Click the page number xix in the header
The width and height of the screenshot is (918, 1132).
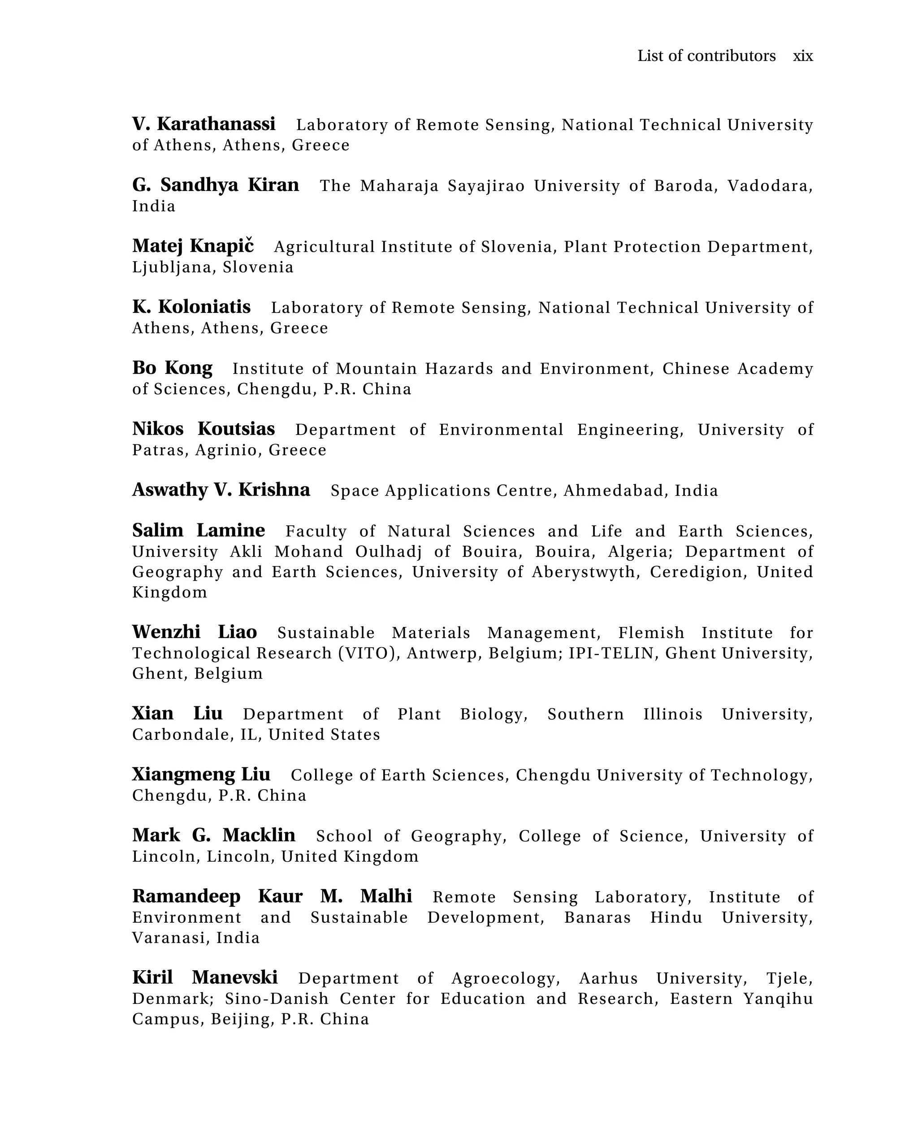coord(802,56)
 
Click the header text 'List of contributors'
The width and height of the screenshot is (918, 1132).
coord(706,56)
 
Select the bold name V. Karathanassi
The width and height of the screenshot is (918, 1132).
coord(204,124)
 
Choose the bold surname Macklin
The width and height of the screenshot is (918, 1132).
coord(259,836)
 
